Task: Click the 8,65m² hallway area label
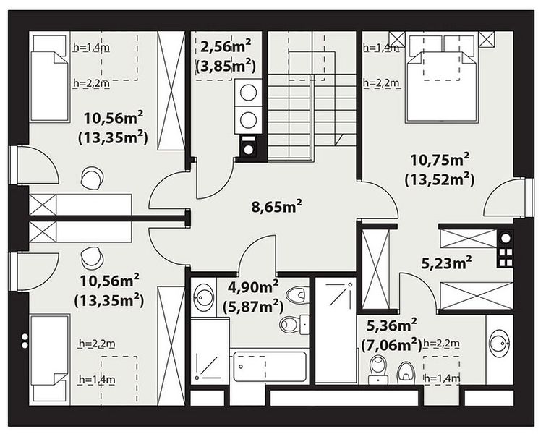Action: point(276,206)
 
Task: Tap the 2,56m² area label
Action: point(226,46)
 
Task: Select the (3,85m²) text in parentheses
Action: point(226,66)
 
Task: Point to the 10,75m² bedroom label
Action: point(440,160)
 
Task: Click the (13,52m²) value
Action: point(440,179)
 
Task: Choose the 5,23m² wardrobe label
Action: point(447,263)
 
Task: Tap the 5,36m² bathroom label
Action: point(392,325)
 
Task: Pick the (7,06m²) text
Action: point(391,345)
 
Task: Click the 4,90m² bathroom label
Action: point(253,287)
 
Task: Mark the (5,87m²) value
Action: point(253,307)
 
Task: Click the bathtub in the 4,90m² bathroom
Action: point(270,367)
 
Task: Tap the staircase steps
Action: point(312,117)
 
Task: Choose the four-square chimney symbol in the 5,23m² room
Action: point(506,257)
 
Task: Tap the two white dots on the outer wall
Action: point(25,341)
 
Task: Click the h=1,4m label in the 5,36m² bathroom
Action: point(442,378)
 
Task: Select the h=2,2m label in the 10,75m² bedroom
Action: point(381,83)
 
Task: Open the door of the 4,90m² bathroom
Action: point(257,254)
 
